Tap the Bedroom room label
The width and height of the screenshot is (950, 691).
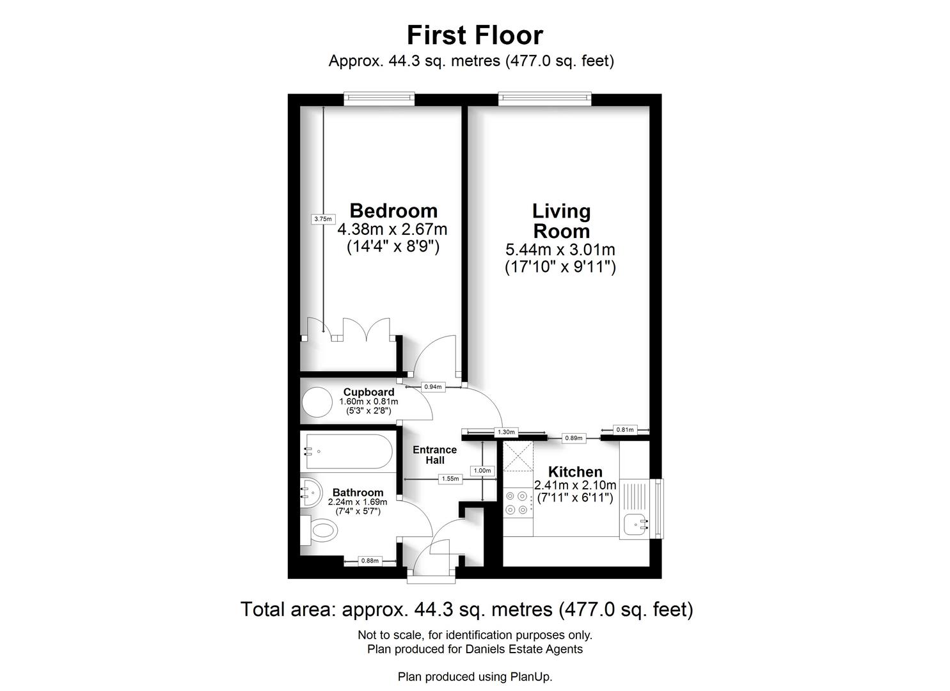(x=393, y=211)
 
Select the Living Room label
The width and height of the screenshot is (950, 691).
(x=561, y=221)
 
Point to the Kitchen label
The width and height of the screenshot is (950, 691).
(x=574, y=472)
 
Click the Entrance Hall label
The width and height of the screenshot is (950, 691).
(x=435, y=455)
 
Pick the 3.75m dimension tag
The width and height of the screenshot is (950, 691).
(x=323, y=219)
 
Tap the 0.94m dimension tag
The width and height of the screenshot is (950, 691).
(x=432, y=387)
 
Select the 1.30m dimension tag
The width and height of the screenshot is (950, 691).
(x=506, y=433)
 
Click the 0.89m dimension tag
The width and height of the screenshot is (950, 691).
(x=573, y=438)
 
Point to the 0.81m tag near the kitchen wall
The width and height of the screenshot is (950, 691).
(x=625, y=430)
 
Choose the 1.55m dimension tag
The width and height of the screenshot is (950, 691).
(x=450, y=479)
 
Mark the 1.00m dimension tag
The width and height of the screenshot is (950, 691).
(x=482, y=470)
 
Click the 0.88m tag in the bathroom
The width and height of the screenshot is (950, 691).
(x=369, y=560)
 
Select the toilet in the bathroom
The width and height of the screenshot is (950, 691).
(x=320, y=530)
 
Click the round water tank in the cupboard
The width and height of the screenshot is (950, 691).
(x=317, y=402)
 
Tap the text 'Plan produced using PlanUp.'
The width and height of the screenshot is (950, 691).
(x=475, y=676)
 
